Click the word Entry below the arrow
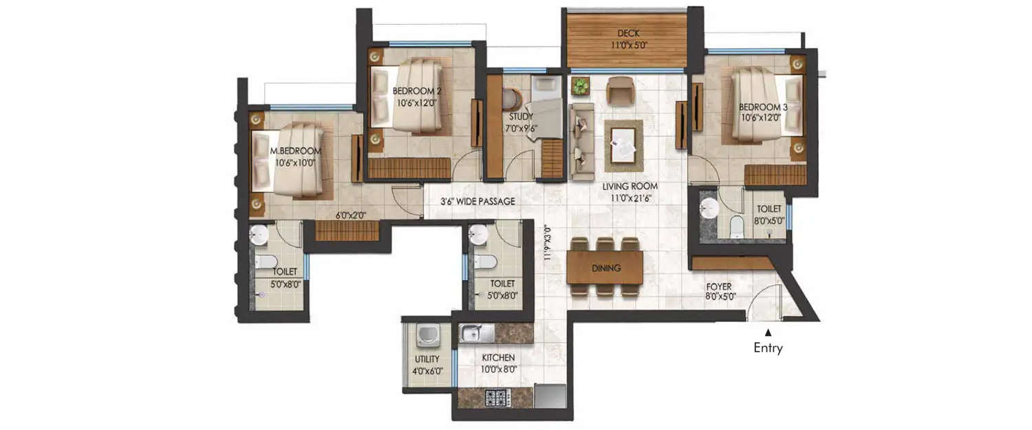(768, 348)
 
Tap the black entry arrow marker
(768, 332)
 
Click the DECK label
(628, 33)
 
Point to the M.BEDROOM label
(295, 151)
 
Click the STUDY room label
(522, 117)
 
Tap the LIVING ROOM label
(630, 186)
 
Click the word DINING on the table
(606, 268)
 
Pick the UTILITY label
(427, 359)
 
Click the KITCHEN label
(498, 358)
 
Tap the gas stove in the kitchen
(497, 398)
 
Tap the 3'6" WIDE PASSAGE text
(478, 202)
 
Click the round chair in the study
(510, 100)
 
